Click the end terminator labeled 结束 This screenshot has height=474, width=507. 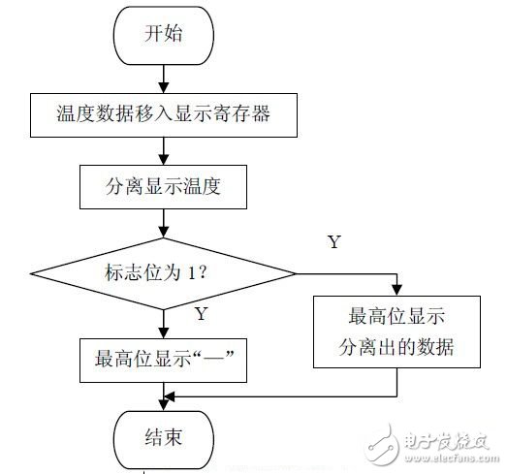tap(164, 438)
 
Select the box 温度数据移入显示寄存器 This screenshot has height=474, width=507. tap(162, 114)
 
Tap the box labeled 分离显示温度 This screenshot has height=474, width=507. tap(162, 186)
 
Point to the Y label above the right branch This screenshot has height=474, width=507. tap(333, 242)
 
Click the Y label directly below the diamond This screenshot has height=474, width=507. tap(201, 313)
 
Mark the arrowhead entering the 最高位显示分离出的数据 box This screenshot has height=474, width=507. tap(398, 288)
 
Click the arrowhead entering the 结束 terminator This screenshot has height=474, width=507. tap(163, 405)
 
